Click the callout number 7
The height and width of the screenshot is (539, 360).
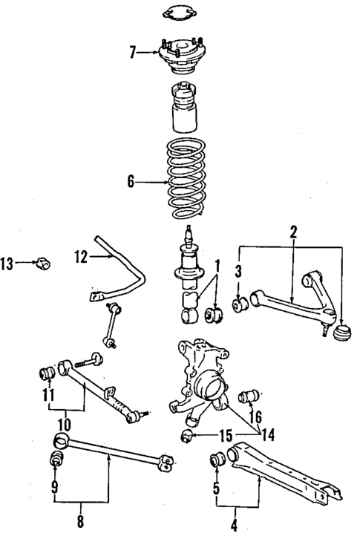(x=133, y=52)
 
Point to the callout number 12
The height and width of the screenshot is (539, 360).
(x=81, y=257)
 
